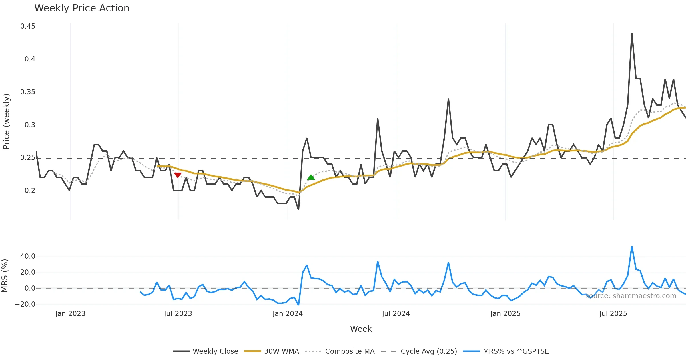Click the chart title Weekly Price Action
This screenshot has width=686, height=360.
tap(82, 8)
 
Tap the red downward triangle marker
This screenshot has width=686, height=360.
tap(178, 175)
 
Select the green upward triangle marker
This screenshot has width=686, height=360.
tap(311, 177)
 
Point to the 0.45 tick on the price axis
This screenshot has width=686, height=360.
tap(28, 26)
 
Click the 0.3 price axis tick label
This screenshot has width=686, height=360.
tap(30, 125)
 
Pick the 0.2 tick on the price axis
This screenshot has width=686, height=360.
tap(30, 191)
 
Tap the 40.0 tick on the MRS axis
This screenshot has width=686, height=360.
tap(28, 256)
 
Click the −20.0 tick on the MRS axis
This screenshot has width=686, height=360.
tap(25, 304)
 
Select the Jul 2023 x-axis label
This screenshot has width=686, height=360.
tap(178, 314)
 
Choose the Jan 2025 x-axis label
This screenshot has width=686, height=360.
tap(505, 314)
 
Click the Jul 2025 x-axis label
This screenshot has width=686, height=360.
tap(613, 314)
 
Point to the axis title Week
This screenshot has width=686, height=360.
tap(361, 329)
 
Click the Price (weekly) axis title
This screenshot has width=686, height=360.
tap(6, 121)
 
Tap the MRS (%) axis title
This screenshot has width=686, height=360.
tap(5, 276)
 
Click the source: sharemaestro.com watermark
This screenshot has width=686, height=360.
tap(631, 296)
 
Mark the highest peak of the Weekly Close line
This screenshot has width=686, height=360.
tap(632, 33)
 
